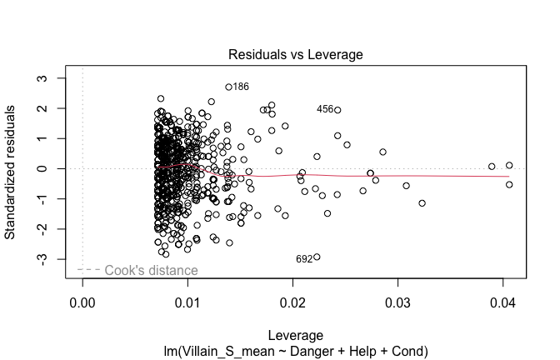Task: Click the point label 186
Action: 241,87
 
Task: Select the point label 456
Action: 324,109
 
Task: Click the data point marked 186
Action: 228,87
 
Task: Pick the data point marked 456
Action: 337,110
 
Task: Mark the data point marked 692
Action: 317,257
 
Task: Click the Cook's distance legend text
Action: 151,270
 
